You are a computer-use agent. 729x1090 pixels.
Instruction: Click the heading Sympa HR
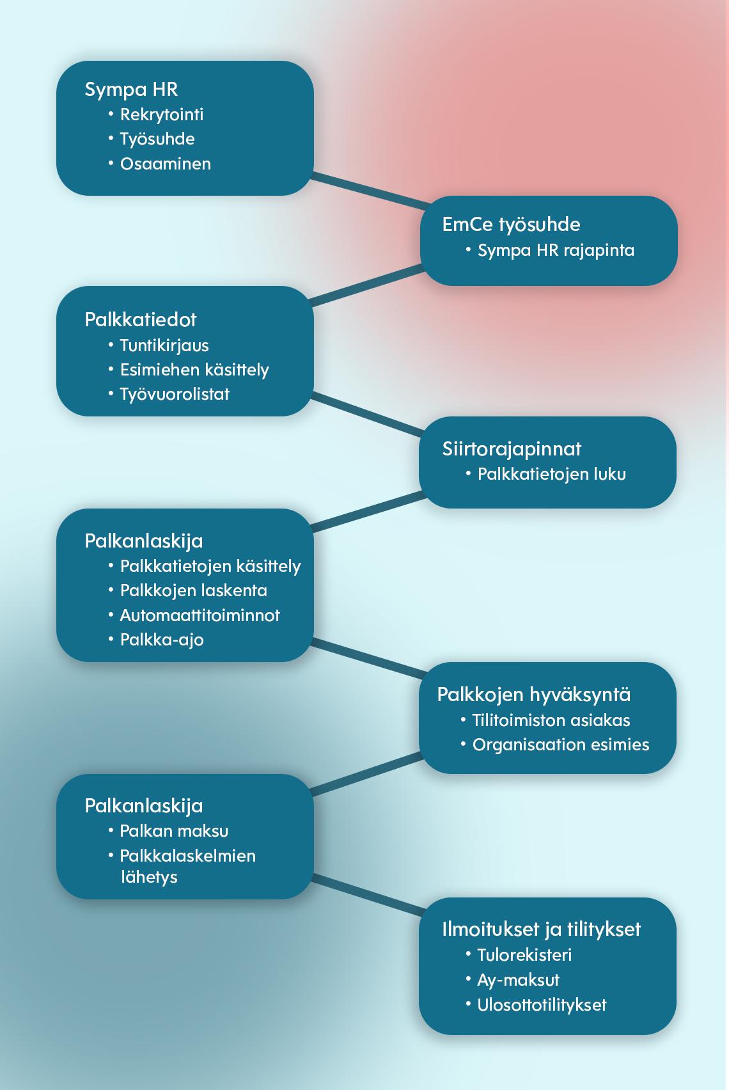point(131,90)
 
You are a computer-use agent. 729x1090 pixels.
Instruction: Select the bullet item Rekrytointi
point(161,115)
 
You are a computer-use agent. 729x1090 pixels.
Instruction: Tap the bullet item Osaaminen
point(166,164)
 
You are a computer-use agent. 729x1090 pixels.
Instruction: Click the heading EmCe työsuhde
point(511,225)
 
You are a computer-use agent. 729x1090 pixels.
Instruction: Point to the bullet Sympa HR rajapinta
point(556,251)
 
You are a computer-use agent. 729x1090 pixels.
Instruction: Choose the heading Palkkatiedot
point(141,320)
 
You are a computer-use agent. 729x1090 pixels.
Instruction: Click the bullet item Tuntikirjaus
point(164,346)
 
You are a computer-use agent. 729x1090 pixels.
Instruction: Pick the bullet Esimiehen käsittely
point(194,370)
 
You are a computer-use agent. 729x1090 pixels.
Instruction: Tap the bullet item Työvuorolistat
point(175,395)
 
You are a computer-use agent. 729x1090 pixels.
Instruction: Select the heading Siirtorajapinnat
point(512,449)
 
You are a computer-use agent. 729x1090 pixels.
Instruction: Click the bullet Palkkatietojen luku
point(551,474)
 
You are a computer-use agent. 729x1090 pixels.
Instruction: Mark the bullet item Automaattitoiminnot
point(200,615)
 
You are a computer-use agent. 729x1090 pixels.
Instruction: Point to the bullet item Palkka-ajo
point(162,640)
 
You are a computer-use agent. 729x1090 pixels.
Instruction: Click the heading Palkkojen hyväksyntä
point(533,695)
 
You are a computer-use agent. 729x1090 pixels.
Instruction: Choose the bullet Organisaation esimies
point(561,745)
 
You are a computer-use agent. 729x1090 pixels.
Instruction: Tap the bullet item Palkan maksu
point(174,831)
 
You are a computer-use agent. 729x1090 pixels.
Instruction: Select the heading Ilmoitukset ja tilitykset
point(541,930)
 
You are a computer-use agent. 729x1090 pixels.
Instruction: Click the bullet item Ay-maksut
point(519,981)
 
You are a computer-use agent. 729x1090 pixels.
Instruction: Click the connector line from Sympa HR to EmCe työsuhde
point(370,191)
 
